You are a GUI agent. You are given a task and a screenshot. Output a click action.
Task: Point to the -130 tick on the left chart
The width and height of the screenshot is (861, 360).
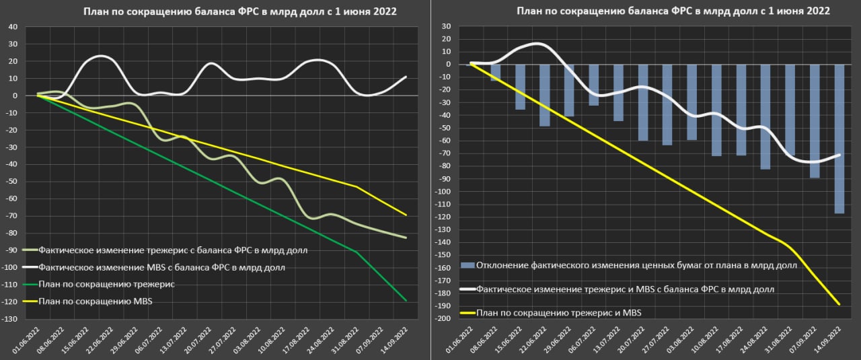11,319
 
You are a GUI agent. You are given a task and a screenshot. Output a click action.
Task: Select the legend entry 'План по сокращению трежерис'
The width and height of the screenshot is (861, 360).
107,285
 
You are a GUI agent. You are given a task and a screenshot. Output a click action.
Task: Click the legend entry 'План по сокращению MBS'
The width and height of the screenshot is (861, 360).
96,301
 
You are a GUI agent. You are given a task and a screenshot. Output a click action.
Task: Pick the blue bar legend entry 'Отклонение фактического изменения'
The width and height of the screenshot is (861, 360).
636,265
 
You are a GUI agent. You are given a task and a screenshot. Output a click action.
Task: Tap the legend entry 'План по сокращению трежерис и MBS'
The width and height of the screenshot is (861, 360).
558,313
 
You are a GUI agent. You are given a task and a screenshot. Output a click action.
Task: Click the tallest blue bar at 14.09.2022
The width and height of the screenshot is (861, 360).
839,139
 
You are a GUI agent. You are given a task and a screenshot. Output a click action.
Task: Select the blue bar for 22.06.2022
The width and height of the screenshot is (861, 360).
545,95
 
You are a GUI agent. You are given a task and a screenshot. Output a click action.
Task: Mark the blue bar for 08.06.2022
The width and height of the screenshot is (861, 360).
496,73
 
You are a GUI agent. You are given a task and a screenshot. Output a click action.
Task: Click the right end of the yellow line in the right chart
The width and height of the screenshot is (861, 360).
839,304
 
